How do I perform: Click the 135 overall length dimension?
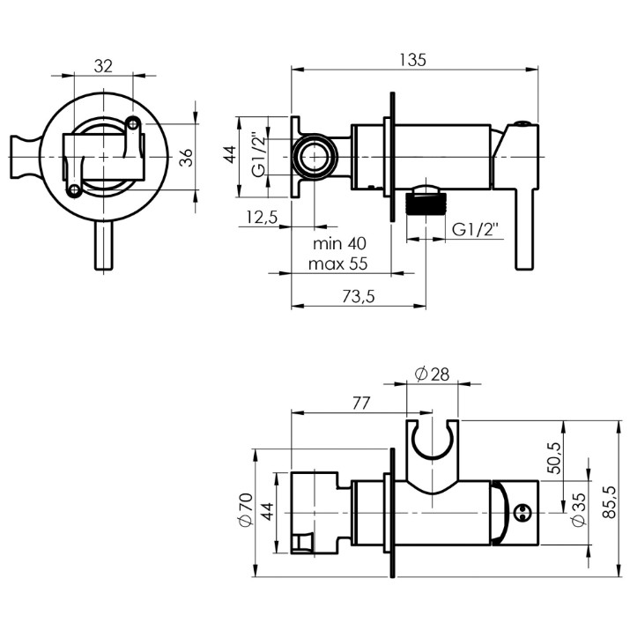(x=412, y=60)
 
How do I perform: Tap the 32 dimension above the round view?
(x=103, y=66)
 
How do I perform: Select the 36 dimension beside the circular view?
(x=186, y=157)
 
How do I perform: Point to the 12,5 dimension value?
(x=262, y=217)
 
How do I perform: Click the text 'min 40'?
(x=339, y=243)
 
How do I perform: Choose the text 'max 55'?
(x=337, y=264)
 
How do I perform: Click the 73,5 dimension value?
(x=359, y=297)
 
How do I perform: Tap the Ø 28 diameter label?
(x=432, y=374)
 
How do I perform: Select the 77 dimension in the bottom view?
(x=360, y=403)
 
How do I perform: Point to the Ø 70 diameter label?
(x=245, y=509)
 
